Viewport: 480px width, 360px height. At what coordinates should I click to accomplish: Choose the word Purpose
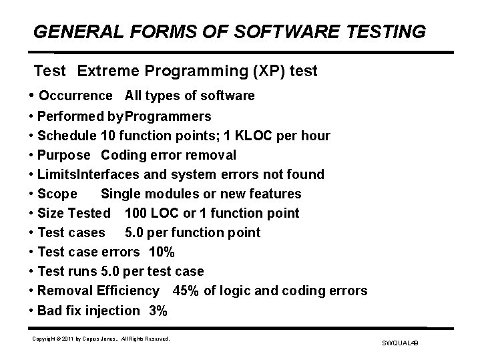pyautogui.click(x=63, y=156)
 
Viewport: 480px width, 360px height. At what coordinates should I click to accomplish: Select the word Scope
pyautogui.click(x=57, y=194)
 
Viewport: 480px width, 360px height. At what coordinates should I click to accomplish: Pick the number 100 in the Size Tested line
pyautogui.click(x=136, y=213)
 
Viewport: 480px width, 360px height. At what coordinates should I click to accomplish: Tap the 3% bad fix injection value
pyautogui.click(x=159, y=310)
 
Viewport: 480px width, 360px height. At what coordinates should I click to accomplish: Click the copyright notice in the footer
pyautogui.click(x=101, y=339)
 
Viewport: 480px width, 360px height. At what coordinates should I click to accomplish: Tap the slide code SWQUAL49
pyautogui.click(x=399, y=343)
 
